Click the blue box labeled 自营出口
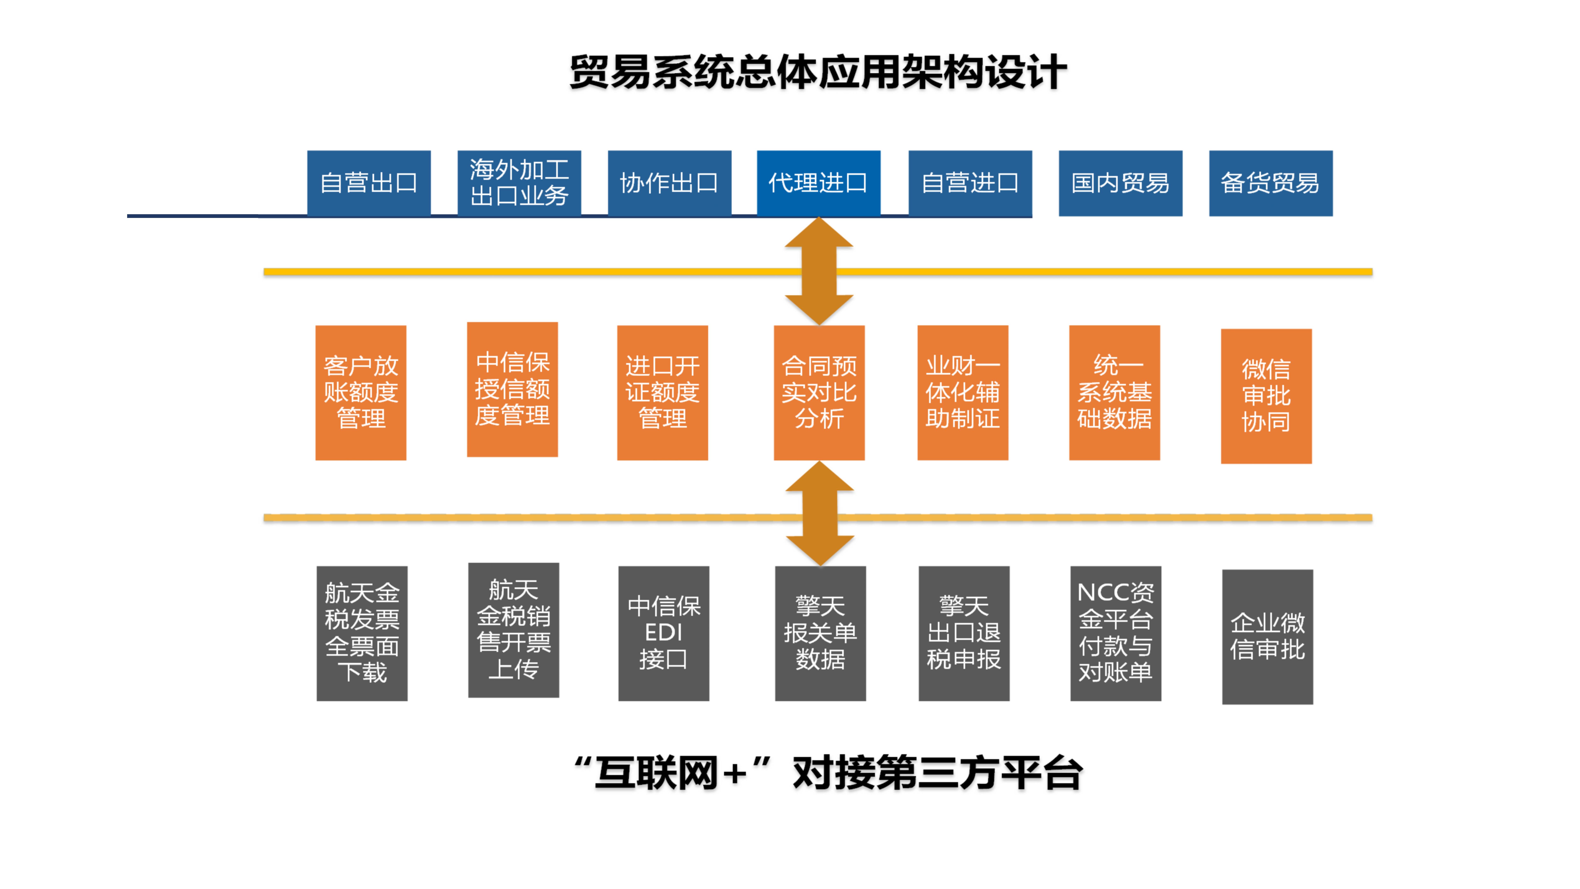369,183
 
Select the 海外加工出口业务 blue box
519,183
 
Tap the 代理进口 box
818,183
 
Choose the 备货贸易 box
1270,183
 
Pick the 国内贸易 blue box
1120,183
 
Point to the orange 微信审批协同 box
1266,396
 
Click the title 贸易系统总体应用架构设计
818,72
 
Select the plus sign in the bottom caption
734,773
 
